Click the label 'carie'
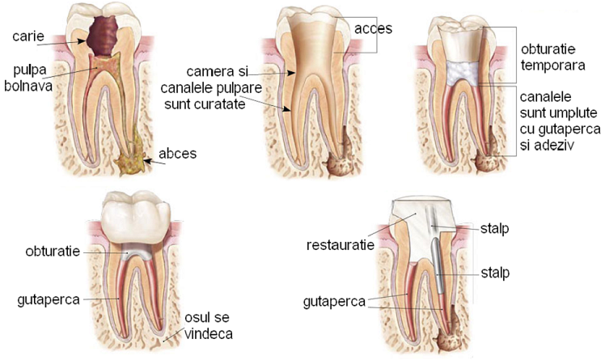tap(28, 36)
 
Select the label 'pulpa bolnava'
tap(28, 78)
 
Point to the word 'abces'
tap(177, 154)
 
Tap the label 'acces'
tap(373, 28)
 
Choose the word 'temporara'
tap(552, 66)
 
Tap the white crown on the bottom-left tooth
tap(135, 217)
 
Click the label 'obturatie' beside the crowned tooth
tap(53, 252)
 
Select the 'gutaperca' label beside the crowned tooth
tap(49, 300)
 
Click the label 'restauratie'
tap(341, 245)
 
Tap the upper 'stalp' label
tap(494, 228)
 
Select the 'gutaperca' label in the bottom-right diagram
tap(334, 302)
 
